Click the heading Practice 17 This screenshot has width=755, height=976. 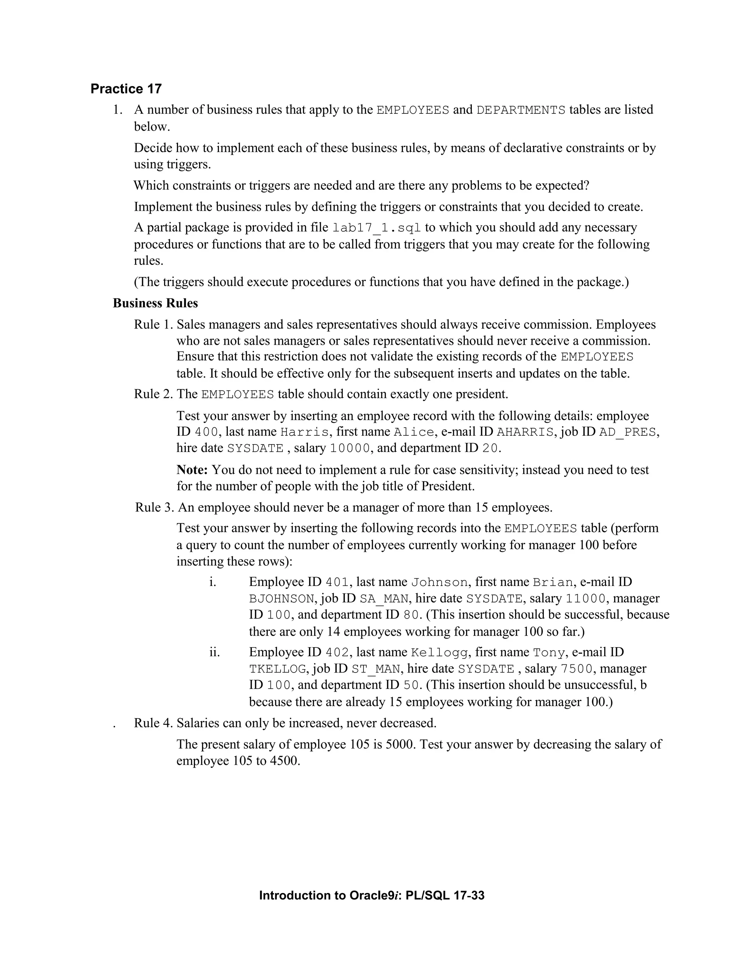coord(126,89)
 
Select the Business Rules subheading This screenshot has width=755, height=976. coord(155,303)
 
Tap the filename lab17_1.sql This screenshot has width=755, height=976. coord(377,228)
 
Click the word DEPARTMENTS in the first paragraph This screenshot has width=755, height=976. coord(521,110)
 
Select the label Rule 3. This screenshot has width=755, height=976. coord(155,507)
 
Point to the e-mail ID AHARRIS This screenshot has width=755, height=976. coord(525,432)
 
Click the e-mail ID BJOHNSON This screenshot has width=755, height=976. coord(282,599)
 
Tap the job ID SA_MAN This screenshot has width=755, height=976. coord(384,599)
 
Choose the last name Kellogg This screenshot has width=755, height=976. coord(439,653)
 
